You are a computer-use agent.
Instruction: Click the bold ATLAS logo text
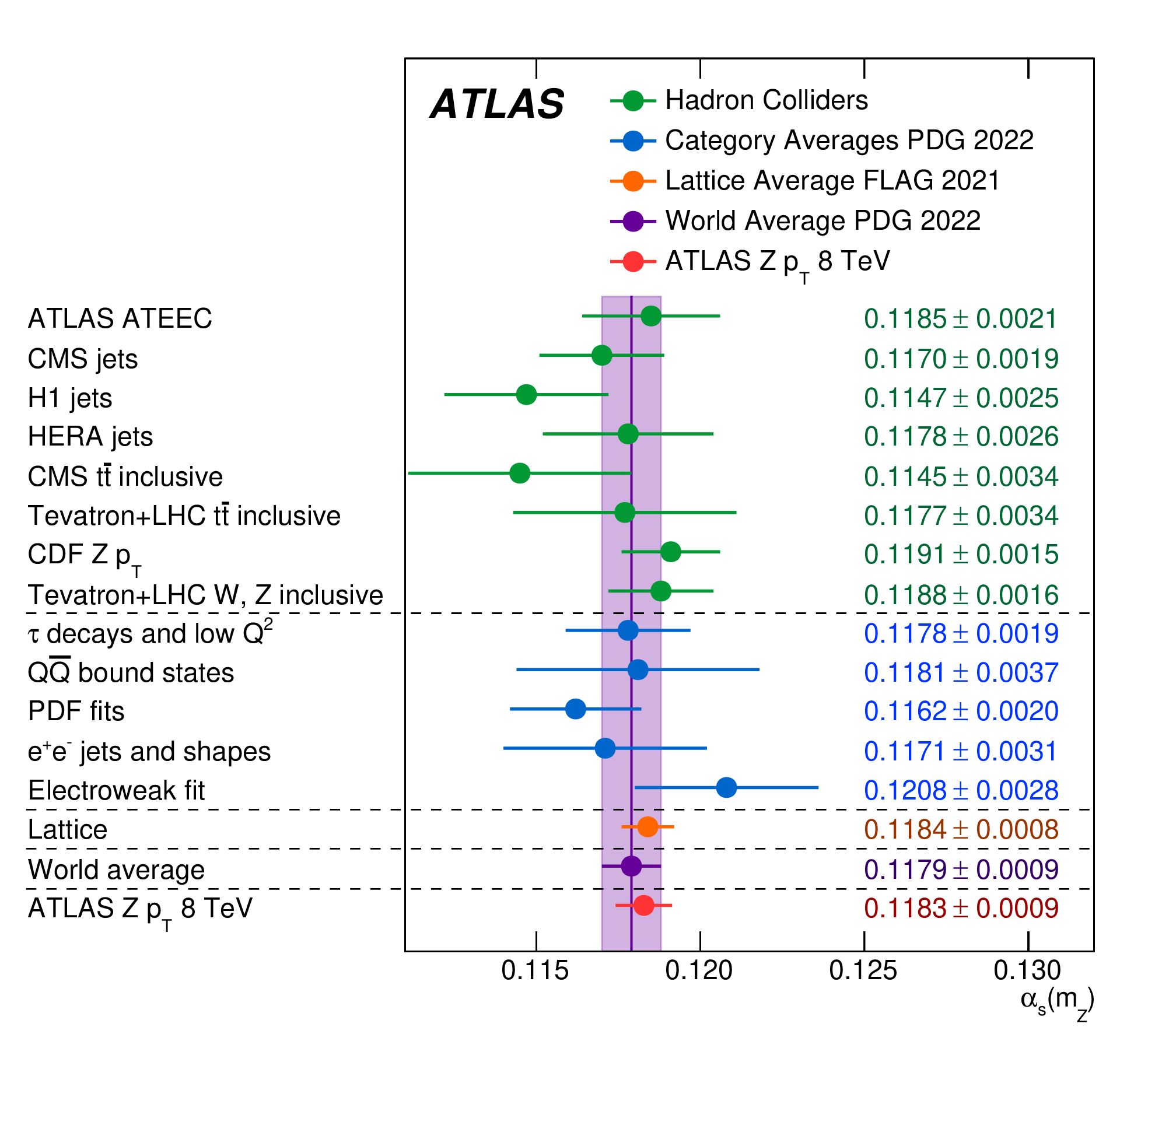coord(497,104)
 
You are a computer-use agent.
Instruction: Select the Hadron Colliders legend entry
coord(766,101)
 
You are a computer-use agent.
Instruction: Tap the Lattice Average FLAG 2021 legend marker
coord(633,181)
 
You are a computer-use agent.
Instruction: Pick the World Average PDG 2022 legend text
coord(822,221)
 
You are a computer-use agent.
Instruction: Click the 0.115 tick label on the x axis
coord(535,970)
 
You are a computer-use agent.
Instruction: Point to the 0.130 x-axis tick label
coord(1027,970)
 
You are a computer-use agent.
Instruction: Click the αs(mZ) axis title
coord(1057,1002)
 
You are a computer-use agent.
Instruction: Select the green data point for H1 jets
coord(526,394)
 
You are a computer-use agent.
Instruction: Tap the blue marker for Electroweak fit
coord(726,787)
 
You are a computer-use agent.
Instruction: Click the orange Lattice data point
coord(647,827)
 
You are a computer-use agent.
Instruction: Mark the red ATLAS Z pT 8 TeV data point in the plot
coord(643,905)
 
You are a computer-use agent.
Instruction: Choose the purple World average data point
coord(631,866)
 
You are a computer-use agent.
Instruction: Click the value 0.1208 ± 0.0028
coord(961,791)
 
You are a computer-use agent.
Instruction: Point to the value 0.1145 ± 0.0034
coord(961,476)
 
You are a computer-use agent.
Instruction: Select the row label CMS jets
coord(83,359)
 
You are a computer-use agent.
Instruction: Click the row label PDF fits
coord(76,711)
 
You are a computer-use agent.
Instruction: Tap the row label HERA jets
coord(90,437)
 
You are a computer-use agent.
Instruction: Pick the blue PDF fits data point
coord(575,709)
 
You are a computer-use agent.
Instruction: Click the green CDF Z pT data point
coord(670,552)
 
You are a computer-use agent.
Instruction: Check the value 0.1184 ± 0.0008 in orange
coord(961,830)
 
